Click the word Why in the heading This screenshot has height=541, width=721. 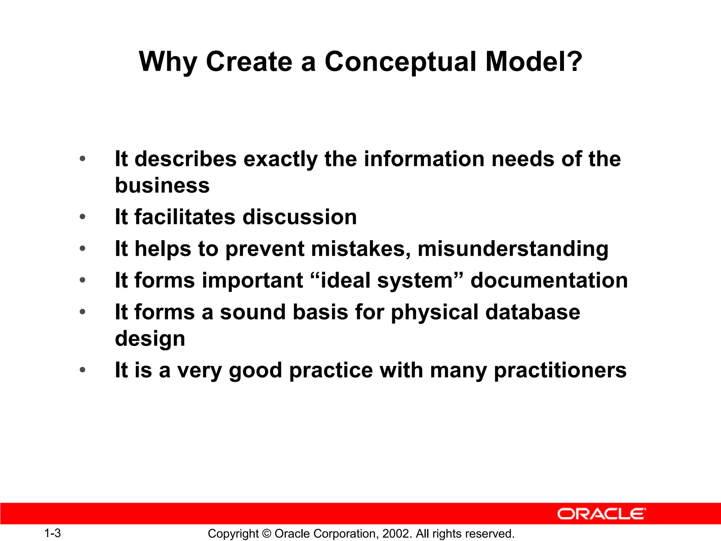point(168,62)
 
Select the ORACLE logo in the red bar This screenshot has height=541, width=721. point(602,514)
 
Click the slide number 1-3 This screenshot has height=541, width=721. point(52,533)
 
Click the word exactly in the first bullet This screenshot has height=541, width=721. point(280,159)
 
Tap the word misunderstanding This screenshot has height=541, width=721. point(513,249)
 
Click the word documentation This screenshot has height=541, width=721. point(549,280)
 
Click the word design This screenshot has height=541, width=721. point(150,338)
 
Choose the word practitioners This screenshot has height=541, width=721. point(560,370)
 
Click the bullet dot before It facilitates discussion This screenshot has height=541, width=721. point(82,217)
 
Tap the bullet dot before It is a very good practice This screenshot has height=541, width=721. point(82,370)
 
